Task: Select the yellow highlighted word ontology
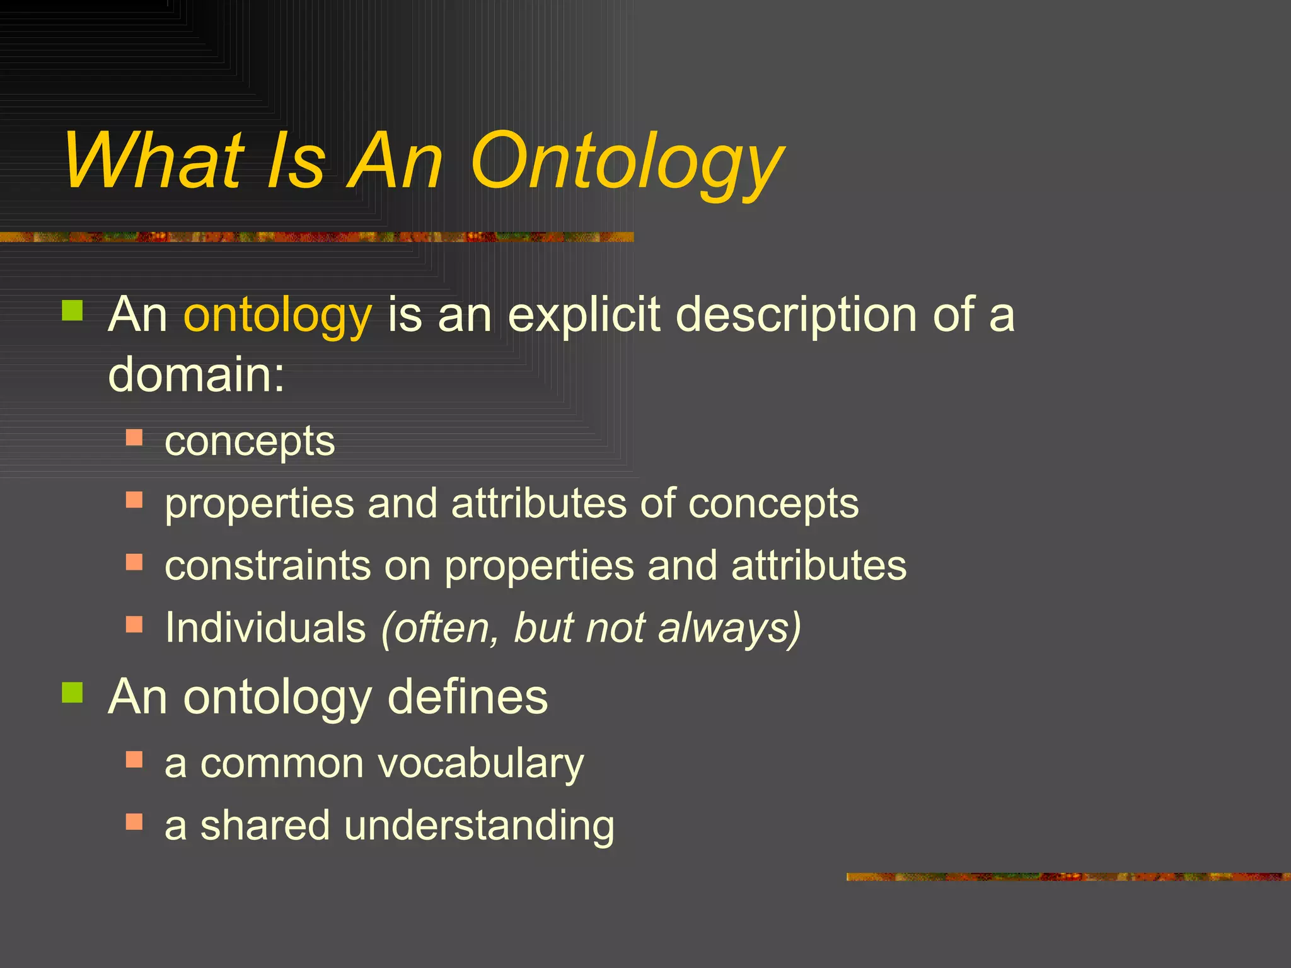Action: pos(277,315)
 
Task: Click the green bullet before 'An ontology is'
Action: pos(72,311)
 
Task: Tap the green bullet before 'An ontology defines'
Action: pos(72,693)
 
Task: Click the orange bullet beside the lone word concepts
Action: pos(134,437)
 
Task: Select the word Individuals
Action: pos(265,628)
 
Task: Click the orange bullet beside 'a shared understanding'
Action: pos(134,822)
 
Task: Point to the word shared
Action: pos(265,826)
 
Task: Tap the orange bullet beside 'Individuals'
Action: pos(134,624)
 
